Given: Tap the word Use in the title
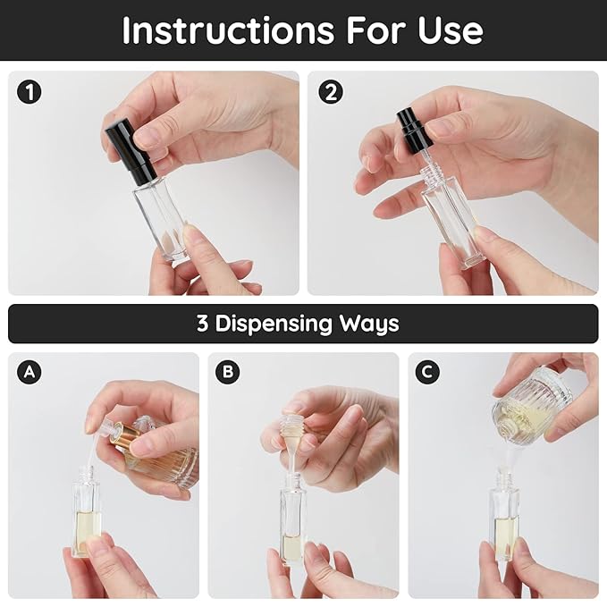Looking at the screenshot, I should click(450, 30).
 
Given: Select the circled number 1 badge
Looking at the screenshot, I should click(31, 91).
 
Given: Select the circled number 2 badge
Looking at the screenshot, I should click(331, 91).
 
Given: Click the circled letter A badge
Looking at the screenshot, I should click(30, 373).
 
